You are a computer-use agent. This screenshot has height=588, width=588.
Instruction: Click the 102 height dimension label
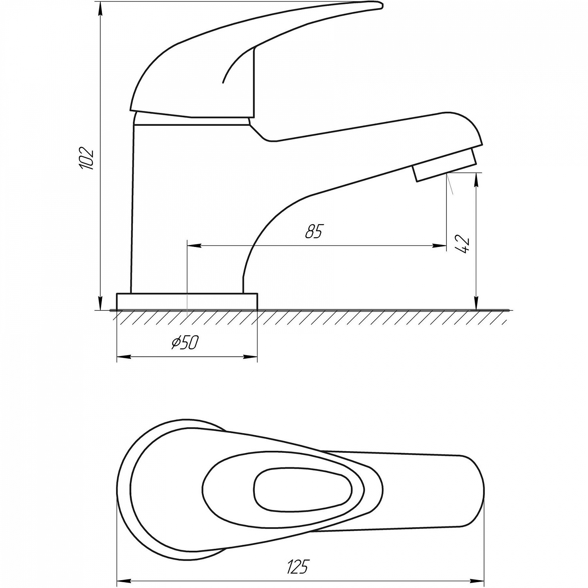point(87,158)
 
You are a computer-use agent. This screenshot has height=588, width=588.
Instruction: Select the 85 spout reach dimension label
point(314,232)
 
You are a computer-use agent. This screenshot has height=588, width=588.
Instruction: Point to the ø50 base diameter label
point(185,343)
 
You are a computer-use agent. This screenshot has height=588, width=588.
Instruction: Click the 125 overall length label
point(298,567)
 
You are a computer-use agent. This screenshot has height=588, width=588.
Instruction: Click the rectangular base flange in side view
point(187,301)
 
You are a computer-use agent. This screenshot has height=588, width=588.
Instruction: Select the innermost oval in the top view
point(303,490)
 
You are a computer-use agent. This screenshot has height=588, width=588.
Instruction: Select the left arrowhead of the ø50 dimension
point(123,357)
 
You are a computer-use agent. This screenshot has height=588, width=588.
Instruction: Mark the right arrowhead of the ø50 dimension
point(251,357)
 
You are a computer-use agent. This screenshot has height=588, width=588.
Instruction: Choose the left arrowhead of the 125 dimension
point(124,581)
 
